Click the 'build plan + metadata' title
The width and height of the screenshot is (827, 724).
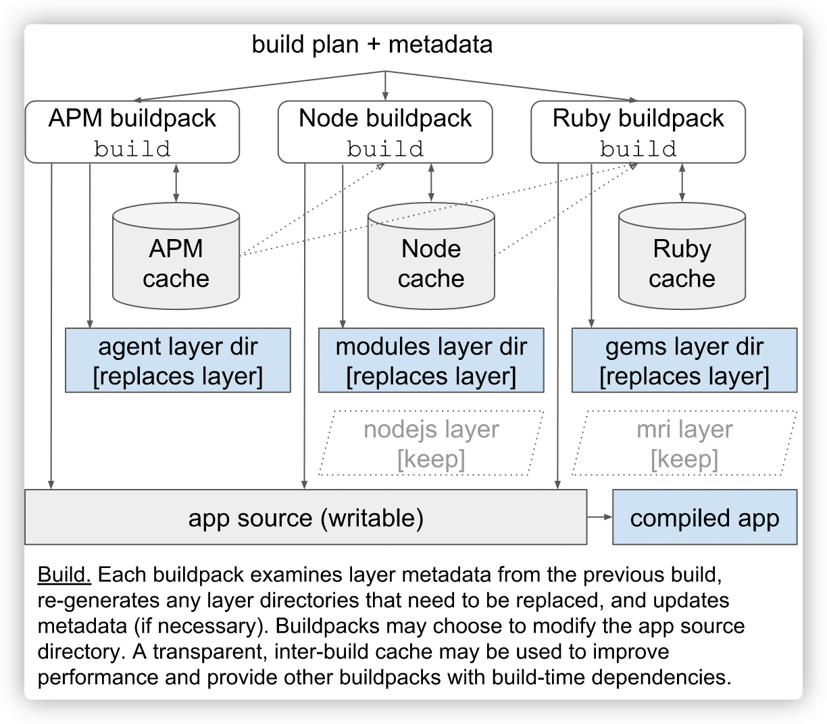372,45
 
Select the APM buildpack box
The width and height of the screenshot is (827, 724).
132,132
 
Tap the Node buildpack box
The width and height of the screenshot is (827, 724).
385,132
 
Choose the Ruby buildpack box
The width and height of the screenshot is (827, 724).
638,132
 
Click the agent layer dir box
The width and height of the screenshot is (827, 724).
178,361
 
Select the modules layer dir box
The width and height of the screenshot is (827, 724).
431,361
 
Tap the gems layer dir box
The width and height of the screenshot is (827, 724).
684,361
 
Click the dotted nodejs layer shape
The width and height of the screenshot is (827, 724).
431,443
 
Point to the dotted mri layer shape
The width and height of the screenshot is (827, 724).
684,443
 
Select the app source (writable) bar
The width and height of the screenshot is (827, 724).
305,518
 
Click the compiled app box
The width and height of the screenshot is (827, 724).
704,518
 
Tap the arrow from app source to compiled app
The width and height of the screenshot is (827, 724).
599,517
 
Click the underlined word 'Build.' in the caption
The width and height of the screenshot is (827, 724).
65,575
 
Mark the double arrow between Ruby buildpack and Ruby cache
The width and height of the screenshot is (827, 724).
682,182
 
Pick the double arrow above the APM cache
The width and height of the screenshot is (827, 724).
176,182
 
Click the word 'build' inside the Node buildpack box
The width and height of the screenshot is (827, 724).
385,149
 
